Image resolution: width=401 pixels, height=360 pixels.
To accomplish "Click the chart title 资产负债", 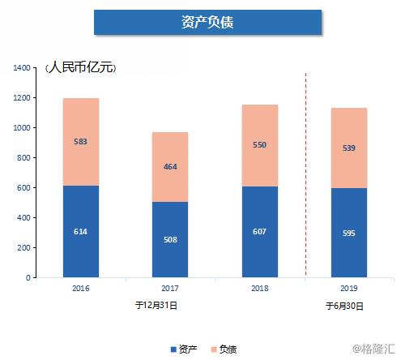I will click(x=207, y=22).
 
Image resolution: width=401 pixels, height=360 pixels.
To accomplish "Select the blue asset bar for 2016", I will click(x=80, y=231).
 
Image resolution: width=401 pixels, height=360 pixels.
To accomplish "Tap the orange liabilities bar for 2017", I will click(x=170, y=167).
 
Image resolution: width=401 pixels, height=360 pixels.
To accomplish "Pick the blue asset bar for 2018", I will click(x=259, y=231).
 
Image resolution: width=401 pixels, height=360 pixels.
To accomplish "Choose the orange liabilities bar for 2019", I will click(x=349, y=148).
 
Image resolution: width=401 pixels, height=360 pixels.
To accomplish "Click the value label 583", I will click(x=80, y=142).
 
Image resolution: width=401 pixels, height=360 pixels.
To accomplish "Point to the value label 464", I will click(x=170, y=166).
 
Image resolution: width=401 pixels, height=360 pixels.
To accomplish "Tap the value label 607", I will click(x=259, y=232).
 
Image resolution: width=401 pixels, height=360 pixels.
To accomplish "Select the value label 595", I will click(x=349, y=234).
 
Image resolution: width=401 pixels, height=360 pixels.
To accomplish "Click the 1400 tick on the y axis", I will click(x=22, y=68).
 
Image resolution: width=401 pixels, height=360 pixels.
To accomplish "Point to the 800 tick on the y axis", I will click(x=23, y=158).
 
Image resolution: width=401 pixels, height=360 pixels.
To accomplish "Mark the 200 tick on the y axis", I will click(x=23, y=248).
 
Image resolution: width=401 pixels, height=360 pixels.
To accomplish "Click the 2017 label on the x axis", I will click(x=170, y=288).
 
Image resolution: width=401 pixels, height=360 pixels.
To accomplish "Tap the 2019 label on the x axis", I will click(x=349, y=288).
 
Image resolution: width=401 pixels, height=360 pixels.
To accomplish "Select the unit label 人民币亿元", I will click(x=81, y=67).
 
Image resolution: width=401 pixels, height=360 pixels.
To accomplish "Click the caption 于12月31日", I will click(x=156, y=306).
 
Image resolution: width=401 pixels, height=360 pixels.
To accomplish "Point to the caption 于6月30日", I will click(x=344, y=306).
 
